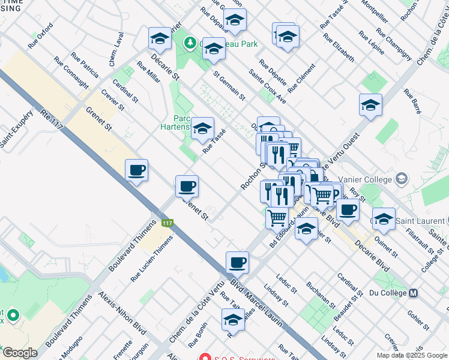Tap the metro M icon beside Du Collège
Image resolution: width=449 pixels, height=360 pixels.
[413, 293]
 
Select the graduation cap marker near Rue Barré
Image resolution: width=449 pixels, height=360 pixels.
[370, 105]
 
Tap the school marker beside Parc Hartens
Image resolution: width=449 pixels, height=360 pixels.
[203, 128]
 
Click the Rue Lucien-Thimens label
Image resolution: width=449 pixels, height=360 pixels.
[152, 259]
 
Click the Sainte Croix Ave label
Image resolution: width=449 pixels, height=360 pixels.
[268, 89]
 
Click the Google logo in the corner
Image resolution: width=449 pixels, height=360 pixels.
[19, 353]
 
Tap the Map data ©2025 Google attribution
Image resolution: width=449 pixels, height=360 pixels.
[411, 355]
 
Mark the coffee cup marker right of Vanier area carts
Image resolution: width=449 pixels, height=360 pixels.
[348, 210]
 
